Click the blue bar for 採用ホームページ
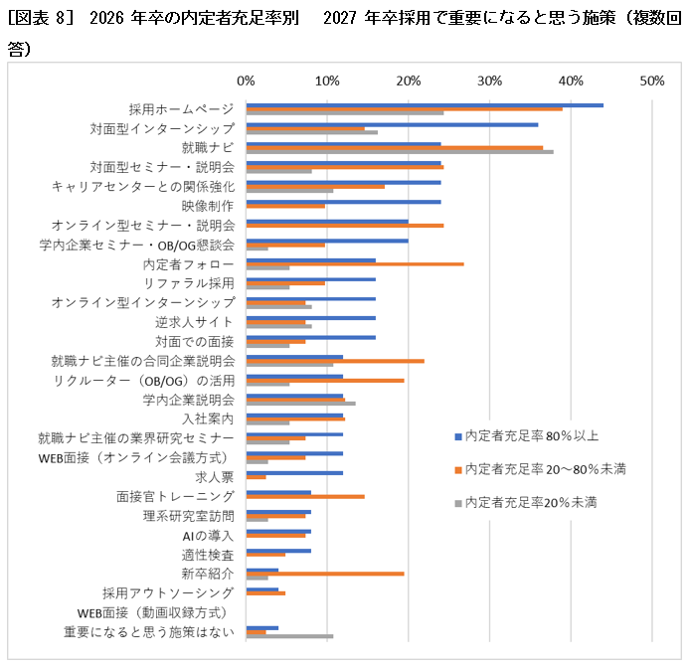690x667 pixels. click(425, 104)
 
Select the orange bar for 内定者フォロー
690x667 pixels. click(355, 264)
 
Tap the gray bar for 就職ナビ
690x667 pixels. click(400, 152)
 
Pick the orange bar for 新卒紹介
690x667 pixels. click(325, 574)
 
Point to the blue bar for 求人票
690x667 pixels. click(294, 473)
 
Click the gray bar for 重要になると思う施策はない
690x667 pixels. click(289, 636)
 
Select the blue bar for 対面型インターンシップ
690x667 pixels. click(392, 124)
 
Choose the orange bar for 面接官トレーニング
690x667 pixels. click(305, 496)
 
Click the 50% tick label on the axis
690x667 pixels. click(651, 81)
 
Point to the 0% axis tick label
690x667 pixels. click(247, 81)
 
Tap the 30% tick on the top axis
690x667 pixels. click(489, 81)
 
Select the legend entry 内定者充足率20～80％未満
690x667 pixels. click(545, 468)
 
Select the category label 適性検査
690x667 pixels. click(207, 555)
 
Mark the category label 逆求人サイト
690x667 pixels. click(194, 322)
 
